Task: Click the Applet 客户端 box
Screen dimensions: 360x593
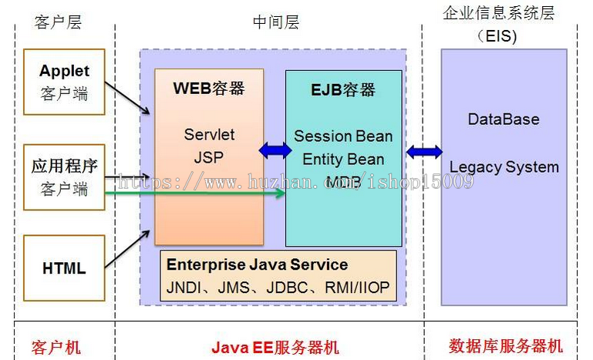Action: (x=64, y=82)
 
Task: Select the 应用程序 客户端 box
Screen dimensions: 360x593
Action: (x=64, y=177)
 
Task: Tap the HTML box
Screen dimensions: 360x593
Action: (x=64, y=269)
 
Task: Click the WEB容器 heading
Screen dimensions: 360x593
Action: (x=208, y=88)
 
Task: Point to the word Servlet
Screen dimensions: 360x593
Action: (x=209, y=134)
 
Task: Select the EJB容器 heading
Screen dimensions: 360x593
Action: (x=343, y=90)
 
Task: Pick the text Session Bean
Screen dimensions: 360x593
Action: (x=343, y=136)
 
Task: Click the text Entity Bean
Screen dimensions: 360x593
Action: (x=343, y=160)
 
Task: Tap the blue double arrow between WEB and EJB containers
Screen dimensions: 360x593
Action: (x=275, y=150)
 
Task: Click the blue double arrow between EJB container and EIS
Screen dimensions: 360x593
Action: (x=423, y=152)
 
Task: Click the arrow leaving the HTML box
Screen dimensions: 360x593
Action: (x=128, y=251)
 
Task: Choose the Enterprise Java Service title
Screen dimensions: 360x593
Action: (x=257, y=264)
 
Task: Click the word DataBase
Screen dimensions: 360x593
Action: (x=504, y=119)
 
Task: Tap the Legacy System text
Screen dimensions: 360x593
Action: (x=504, y=167)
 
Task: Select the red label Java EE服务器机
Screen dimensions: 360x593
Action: (x=275, y=347)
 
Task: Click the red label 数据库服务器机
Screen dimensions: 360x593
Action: (x=505, y=346)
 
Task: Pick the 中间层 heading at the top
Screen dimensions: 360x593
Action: (x=275, y=22)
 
